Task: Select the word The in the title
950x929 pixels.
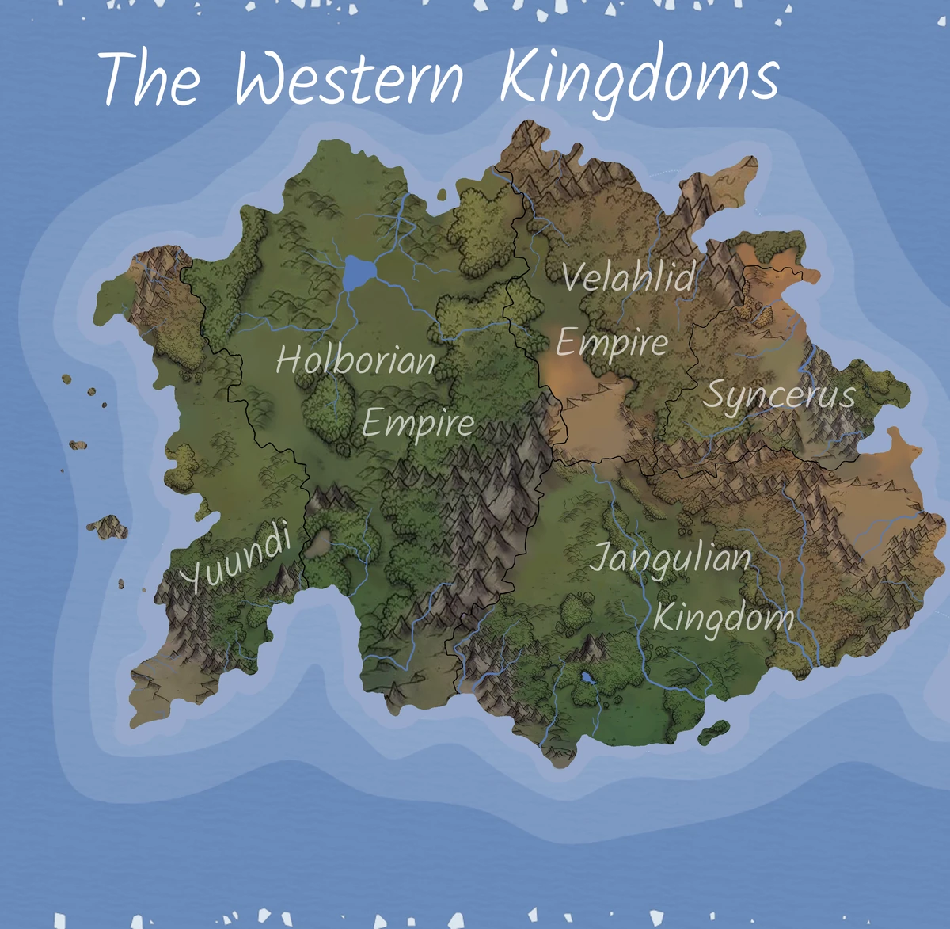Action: pyautogui.click(x=150, y=79)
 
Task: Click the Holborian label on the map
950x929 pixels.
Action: pyautogui.click(x=355, y=360)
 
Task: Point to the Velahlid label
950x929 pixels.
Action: pyautogui.click(x=629, y=276)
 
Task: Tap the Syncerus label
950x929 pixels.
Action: pyautogui.click(x=780, y=394)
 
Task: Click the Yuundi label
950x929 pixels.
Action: pyautogui.click(x=236, y=559)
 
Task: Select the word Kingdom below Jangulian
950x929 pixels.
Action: pyautogui.click(x=723, y=617)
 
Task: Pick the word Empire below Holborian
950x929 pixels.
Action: pyautogui.click(x=418, y=423)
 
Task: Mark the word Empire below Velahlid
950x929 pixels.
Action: pyautogui.click(x=612, y=342)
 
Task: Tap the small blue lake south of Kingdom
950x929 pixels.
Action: pyautogui.click(x=587, y=678)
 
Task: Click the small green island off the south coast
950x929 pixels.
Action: pyautogui.click(x=714, y=731)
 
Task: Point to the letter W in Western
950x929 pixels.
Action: pyautogui.click(x=264, y=79)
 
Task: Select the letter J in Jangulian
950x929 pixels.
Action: pyautogui.click(x=602, y=558)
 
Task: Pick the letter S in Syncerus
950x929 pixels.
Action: pyautogui.click(x=716, y=394)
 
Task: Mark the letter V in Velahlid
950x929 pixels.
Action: pyautogui.click(x=573, y=276)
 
